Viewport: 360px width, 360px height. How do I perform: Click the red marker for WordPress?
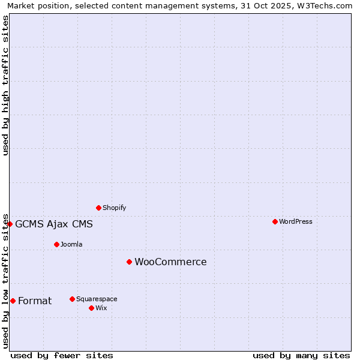(275, 221)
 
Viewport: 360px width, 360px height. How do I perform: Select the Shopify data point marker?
(98, 208)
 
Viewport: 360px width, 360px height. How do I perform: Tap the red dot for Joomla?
(56, 244)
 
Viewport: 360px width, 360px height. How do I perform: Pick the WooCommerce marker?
(129, 262)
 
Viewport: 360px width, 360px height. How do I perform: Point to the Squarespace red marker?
(72, 299)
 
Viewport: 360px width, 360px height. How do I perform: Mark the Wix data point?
(91, 308)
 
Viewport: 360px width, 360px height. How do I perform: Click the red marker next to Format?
(13, 301)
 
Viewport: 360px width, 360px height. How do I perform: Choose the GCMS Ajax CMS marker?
(10, 224)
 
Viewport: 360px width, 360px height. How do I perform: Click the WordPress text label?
(296, 221)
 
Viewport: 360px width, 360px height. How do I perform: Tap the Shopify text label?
(115, 208)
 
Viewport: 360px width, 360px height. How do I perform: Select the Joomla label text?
(71, 244)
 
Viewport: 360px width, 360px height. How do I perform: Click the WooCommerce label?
(170, 262)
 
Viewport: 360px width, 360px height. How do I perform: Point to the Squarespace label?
(97, 299)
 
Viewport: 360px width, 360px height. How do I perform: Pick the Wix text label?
(101, 308)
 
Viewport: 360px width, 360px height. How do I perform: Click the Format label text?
(35, 301)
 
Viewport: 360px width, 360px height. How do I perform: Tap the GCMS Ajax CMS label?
(54, 224)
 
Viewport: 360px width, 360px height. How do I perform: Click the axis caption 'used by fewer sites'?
(62, 355)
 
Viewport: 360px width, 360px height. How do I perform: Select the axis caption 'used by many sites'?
(301, 355)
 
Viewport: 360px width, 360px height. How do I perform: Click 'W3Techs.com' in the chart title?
(327, 5)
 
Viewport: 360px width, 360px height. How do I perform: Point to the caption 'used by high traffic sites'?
(5, 85)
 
